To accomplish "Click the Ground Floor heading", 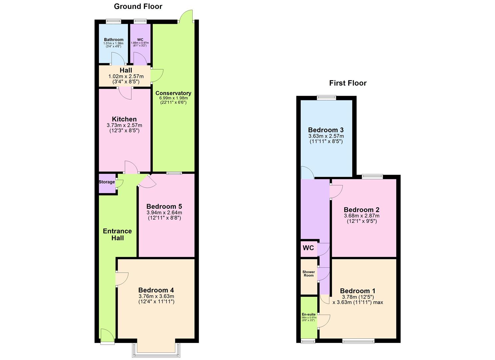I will pos(138,6).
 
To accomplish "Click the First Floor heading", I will pos(348,83).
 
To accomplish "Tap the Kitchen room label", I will pos(124,119).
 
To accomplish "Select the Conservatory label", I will pos(173,93).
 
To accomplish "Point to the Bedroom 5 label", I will pos(164,207).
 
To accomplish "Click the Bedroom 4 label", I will pos(156,290).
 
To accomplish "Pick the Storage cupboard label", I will pos(107,182).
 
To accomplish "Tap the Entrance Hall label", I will pos(117,234).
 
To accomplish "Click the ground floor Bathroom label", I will pos(114,40).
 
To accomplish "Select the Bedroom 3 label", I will pos(326,130).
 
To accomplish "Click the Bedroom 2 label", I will pos(362,210).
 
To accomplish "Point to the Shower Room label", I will pos(309,274).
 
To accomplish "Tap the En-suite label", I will pos(309,314).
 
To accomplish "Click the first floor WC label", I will pos(308,248).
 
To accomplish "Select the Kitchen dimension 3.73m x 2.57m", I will pos(124,125).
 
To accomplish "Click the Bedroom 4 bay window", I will pos(156,349).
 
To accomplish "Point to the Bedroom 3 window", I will pos(326,98).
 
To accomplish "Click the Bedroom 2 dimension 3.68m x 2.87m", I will pos(362,216).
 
